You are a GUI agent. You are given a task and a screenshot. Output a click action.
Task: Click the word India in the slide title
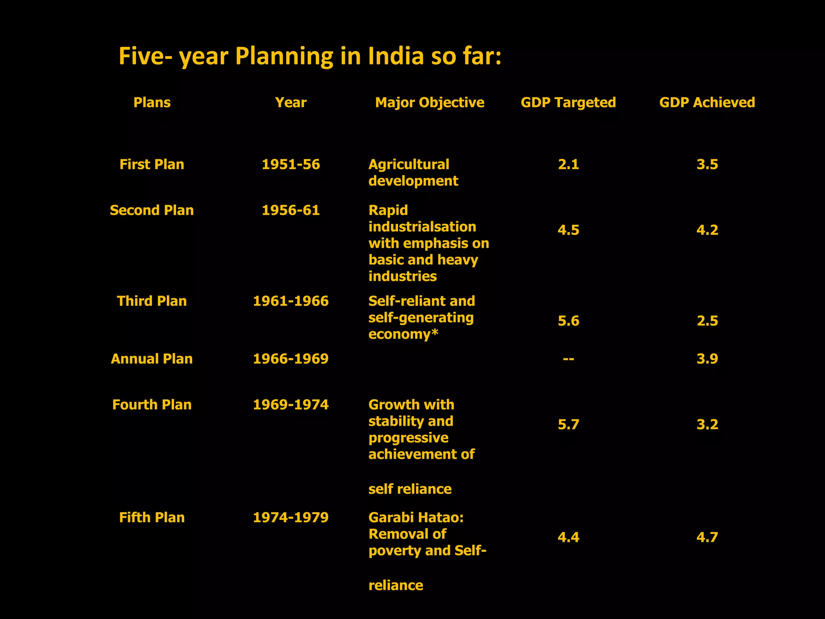pyautogui.click(x=396, y=56)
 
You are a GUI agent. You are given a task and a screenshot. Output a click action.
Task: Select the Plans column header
pyautogui.click(x=152, y=103)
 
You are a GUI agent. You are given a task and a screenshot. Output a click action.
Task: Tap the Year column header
pyautogui.click(x=290, y=103)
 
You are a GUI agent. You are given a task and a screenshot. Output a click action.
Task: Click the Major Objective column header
pyautogui.click(x=429, y=103)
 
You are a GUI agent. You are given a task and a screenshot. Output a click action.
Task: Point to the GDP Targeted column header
pyautogui.click(x=568, y=103)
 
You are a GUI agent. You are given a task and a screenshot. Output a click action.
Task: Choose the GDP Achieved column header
pyautogui.click(x=707, y=103)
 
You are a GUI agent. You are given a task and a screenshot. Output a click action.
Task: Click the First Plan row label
pyautogui.click(x=152, y=164)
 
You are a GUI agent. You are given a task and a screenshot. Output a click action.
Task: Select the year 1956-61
pyautogui.click(x=290, y=210)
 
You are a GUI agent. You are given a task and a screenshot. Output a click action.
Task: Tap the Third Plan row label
pyautogui.click(x=152, y=301)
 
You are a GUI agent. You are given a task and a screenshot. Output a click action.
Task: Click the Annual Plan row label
pyautogui.click(x=152, y=359)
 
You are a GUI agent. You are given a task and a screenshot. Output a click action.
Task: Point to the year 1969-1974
pyautogui.click(x=290, y=405)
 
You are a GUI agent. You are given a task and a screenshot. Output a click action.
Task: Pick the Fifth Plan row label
pyautogui.click(x=152, y=517)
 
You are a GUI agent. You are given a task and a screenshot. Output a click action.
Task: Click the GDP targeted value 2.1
pyautogui.click(x=568, y=164)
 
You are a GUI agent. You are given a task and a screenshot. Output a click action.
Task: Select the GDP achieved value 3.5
pyautogui.click(x=707, y=164)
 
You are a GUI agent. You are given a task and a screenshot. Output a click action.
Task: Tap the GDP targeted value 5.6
pyautogui.click(x=568, y=321)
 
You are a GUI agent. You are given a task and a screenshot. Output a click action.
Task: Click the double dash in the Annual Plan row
pyautogui.click(x=568, y=359)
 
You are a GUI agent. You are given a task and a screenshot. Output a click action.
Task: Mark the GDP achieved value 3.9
pyautogui.click(x=707, y=359)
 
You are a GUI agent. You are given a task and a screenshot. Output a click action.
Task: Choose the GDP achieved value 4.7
pyautogui.click(x=707, y=537)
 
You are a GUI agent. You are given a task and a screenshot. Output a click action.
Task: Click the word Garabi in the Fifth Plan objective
pyautogui.click(x=392, y=517)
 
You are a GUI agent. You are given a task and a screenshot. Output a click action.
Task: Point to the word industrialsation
pyautogui.click(x=422, y=227)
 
